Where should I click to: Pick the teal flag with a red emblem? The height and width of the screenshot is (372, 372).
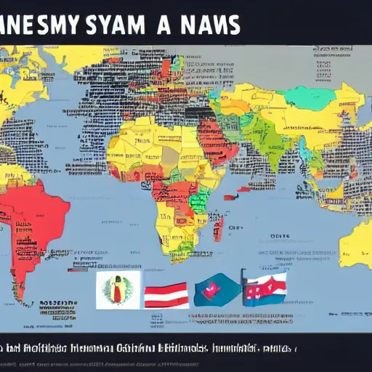[215, 291]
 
